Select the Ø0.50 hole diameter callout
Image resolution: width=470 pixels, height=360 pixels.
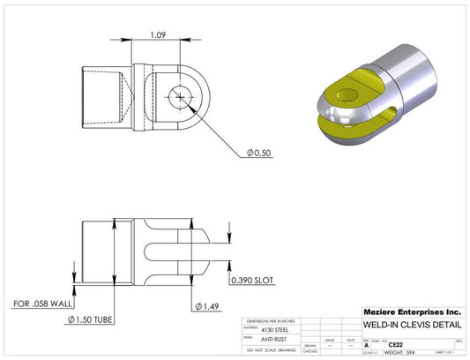[x=260, y=153]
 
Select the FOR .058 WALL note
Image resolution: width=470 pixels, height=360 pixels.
[x=42, y=304]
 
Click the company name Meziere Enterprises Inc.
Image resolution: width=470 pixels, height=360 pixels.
[x=412, y=312]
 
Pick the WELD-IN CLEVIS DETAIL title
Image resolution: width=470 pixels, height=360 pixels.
[x=413, y=326]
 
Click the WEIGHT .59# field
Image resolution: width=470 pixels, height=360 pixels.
[x=392, y=352]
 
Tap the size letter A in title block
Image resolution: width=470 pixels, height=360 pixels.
[x=367, y=345]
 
